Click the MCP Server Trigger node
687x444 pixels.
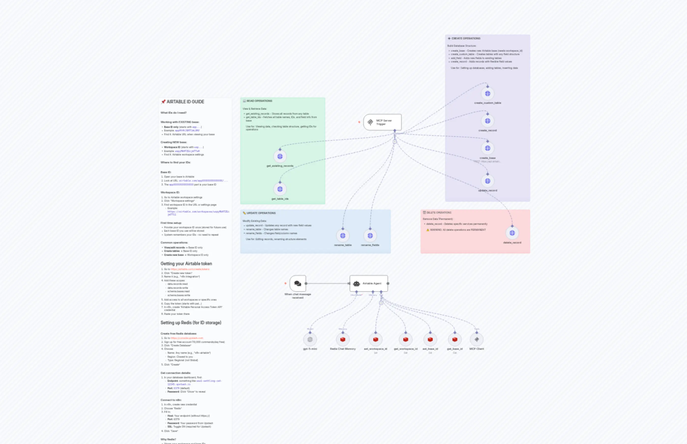point(382,122)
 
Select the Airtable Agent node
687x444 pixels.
point(369,283)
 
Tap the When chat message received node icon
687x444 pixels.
point(298,283)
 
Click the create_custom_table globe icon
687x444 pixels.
point(487,94)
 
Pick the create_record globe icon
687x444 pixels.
point(487,121)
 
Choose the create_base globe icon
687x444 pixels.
point(487,148)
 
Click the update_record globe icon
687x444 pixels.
point(487,181)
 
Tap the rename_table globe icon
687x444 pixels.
point(343,236)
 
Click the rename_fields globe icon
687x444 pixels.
point(370,236)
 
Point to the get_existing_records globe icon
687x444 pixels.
point(280,156)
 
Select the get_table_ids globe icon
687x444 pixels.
point(280,189)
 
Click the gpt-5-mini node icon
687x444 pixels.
point(310,340)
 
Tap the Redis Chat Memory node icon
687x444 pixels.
point(343,340)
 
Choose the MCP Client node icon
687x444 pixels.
point(476,340)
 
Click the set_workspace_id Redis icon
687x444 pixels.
point(375,340)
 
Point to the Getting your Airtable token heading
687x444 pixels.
point(186,263)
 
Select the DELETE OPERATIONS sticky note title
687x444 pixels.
point(439,213)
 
